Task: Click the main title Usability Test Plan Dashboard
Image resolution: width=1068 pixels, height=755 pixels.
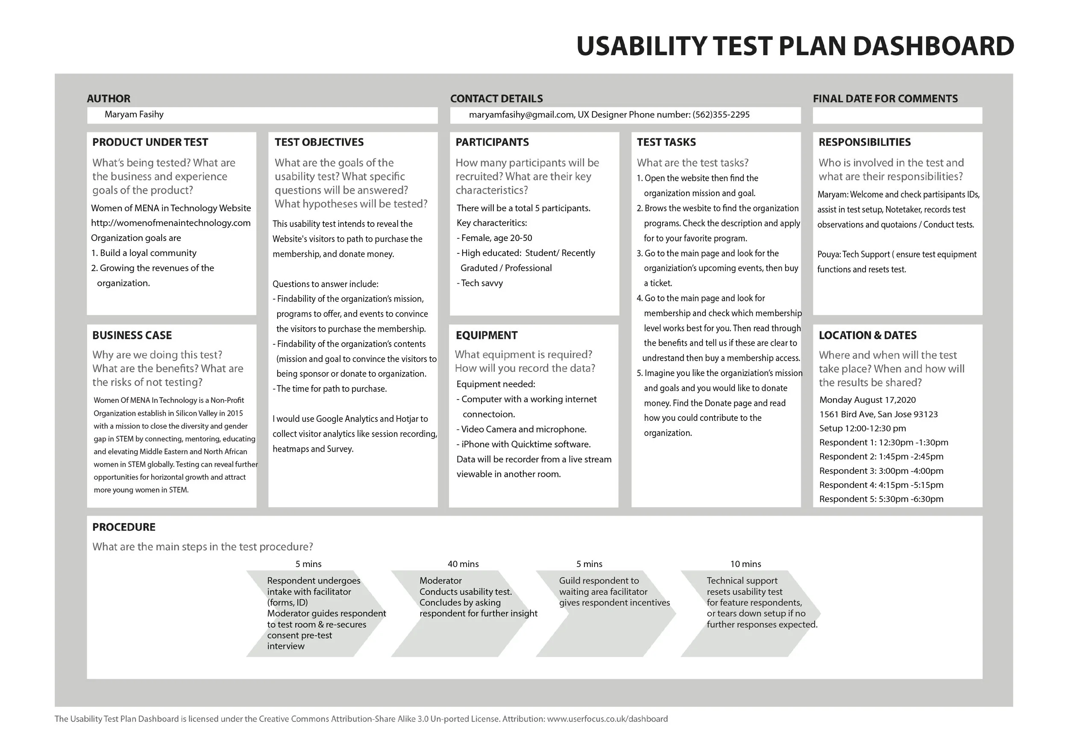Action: pyautogui.click(x=795, y=46)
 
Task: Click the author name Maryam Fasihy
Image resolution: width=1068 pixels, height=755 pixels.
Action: pyautogui.click(x=134, y=115)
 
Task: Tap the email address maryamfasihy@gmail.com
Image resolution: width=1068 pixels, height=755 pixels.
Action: pyautogui.click(x=522, y=115)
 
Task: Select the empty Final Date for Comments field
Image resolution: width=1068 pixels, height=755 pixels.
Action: pyautogui.click(x=897, y=115)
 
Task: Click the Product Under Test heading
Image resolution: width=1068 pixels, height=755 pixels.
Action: pyautogui.click(x=150, y=142)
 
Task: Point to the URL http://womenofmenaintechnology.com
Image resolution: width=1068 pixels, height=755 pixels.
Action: pyautogui.click(x=171, y=223)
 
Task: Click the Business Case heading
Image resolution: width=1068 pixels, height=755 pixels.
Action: pyautogui.click(x=132, y=335)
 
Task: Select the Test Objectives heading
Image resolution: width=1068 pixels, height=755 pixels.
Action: pyautogui.click(x=319, y=142)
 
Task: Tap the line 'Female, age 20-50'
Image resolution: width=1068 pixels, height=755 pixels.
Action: pyautogui.click(x=494, y=238)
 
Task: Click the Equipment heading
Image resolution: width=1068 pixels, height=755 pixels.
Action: pyautogui.click(x=487, y=335)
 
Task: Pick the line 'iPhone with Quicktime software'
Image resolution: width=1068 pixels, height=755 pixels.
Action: pyautogui.click(x=524, y=444)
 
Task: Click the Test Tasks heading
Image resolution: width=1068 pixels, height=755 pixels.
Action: pyautogui.click(x=666, y=142)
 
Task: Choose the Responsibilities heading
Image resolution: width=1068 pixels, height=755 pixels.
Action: pyautogui.click(x=865, y=142)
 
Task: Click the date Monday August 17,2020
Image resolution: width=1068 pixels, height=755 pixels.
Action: pyautogui.click(x=868, y=400)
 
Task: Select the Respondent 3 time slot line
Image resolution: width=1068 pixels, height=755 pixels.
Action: pyautogui.click(x=881, y=471)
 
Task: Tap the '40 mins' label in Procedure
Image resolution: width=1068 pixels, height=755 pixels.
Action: pyautogui.click(x=463, y=564)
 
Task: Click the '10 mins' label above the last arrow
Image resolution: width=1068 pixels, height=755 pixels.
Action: pyautogui.click(x=745, y=564)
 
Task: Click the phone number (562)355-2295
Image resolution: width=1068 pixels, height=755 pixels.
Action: pyautogui.click(x=721, y=115)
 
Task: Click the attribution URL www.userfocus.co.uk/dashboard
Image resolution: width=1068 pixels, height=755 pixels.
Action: pyautogui.click(x=607, y=719)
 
